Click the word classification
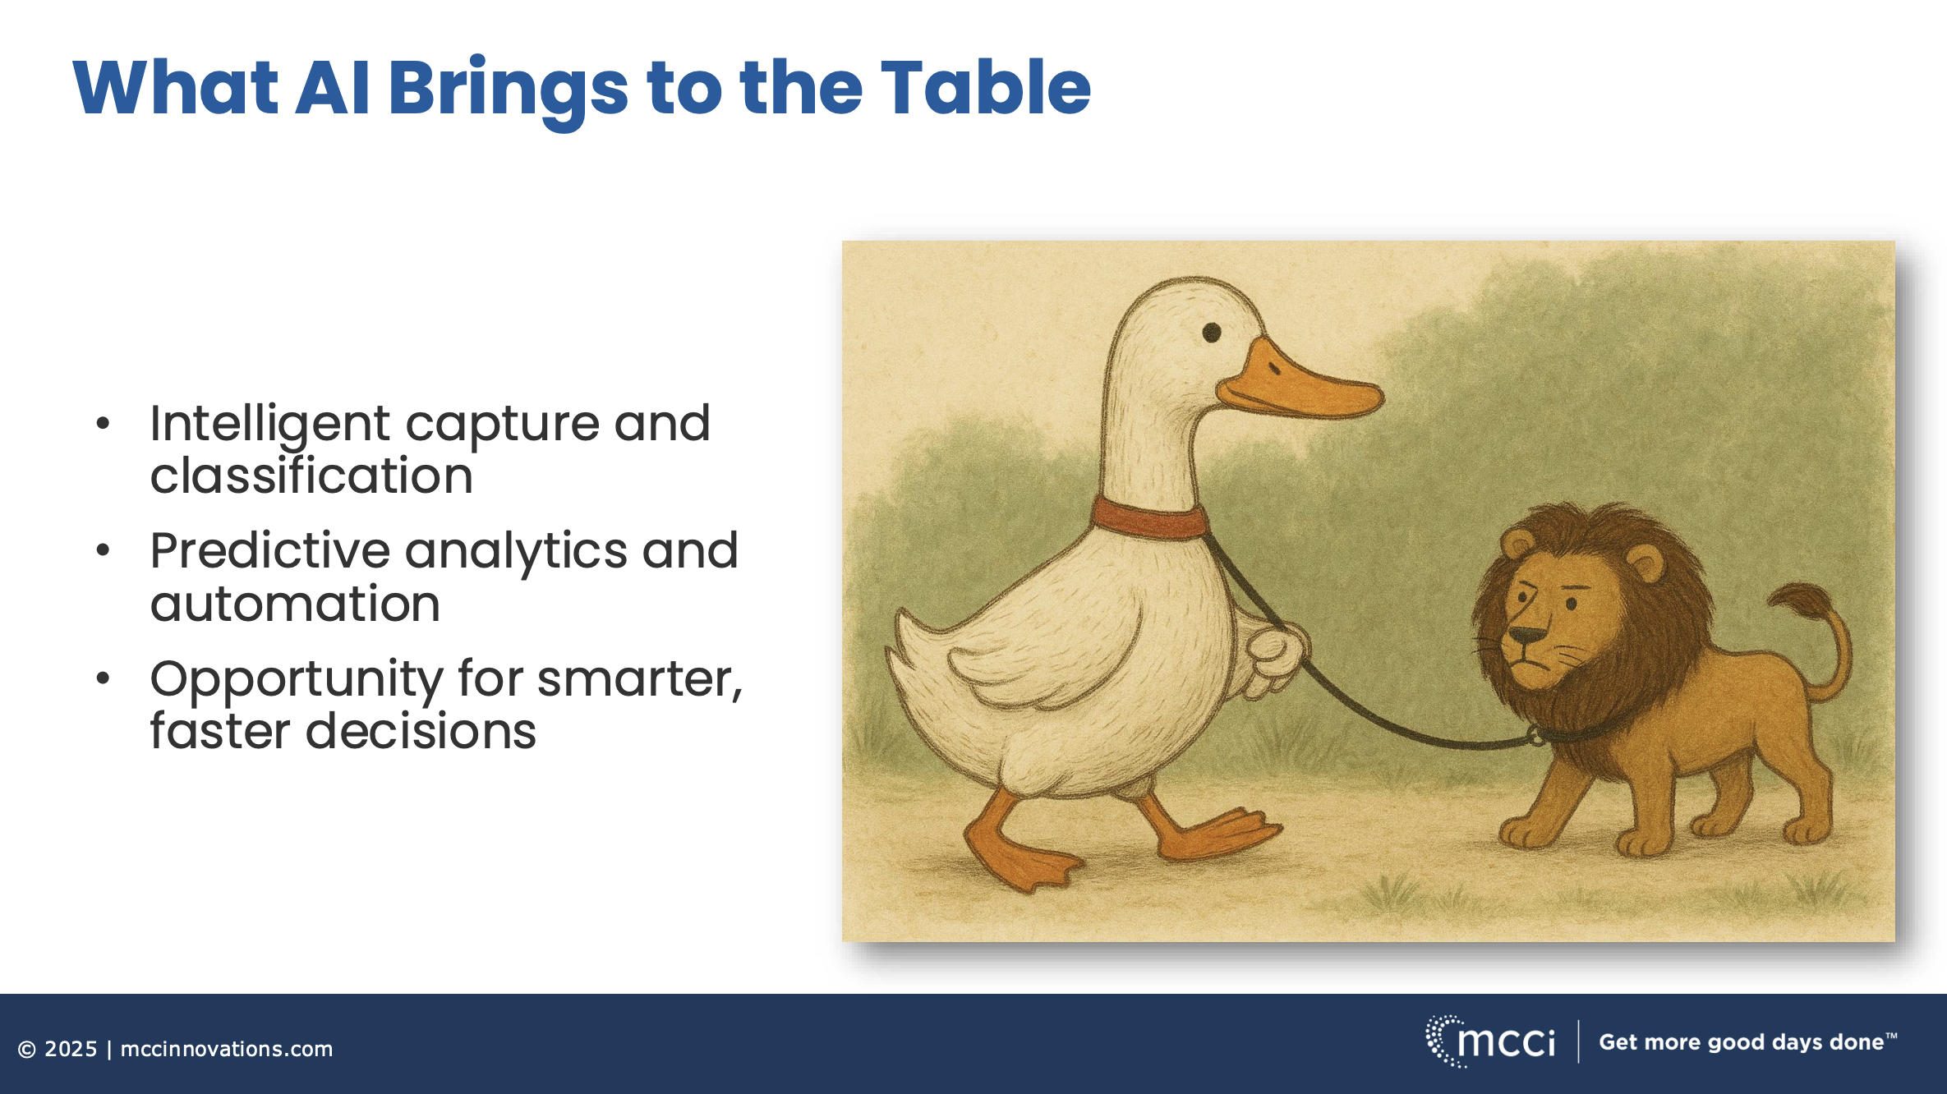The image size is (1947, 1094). click(x=311, y=476)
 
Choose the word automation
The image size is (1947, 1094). click(x=295, y=604)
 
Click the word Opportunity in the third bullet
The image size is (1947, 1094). click(x=296, y=682)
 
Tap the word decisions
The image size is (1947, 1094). click(x=421, y=730)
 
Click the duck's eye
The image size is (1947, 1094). click(x=1212, y=333)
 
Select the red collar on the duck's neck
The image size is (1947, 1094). click(x=1149, y=518)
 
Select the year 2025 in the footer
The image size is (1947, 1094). click(x=71, y=1049)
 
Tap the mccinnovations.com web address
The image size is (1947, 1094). click(x=227, y=1049)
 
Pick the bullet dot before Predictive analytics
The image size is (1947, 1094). click(x=103, y=549)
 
